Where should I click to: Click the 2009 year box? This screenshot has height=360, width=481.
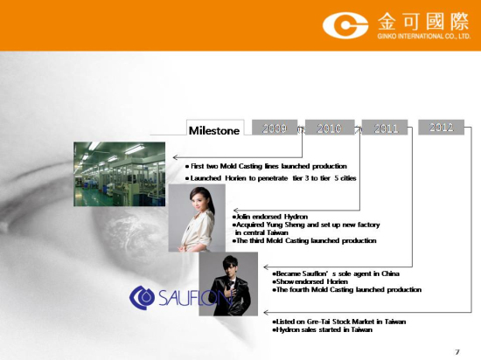(275, 128)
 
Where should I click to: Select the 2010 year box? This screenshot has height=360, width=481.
(330, 128)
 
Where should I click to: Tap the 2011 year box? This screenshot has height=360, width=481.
(385, 128)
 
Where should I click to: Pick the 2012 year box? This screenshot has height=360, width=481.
(441, 127)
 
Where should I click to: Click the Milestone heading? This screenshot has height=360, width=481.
(214, 131)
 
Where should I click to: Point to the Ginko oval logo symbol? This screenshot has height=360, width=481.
(345, 25)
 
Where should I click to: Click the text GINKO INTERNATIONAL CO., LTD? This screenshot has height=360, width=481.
(423, 36)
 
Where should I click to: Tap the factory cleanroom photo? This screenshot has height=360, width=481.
(119, 174)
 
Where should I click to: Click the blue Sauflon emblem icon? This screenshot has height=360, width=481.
(142, 297)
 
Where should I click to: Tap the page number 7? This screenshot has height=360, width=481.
(457, 352)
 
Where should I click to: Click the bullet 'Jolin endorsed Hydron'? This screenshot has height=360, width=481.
(270, 217)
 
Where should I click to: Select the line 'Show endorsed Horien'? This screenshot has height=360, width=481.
(310, 281)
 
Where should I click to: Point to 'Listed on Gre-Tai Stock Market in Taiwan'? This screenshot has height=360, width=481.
(339, 322)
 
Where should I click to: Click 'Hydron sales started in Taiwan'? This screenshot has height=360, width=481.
(322, 329)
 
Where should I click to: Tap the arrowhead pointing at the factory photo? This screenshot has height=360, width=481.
(175, 157)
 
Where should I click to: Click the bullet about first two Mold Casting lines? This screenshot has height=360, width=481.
(266, 166)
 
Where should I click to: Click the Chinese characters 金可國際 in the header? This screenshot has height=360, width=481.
(423, 22)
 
